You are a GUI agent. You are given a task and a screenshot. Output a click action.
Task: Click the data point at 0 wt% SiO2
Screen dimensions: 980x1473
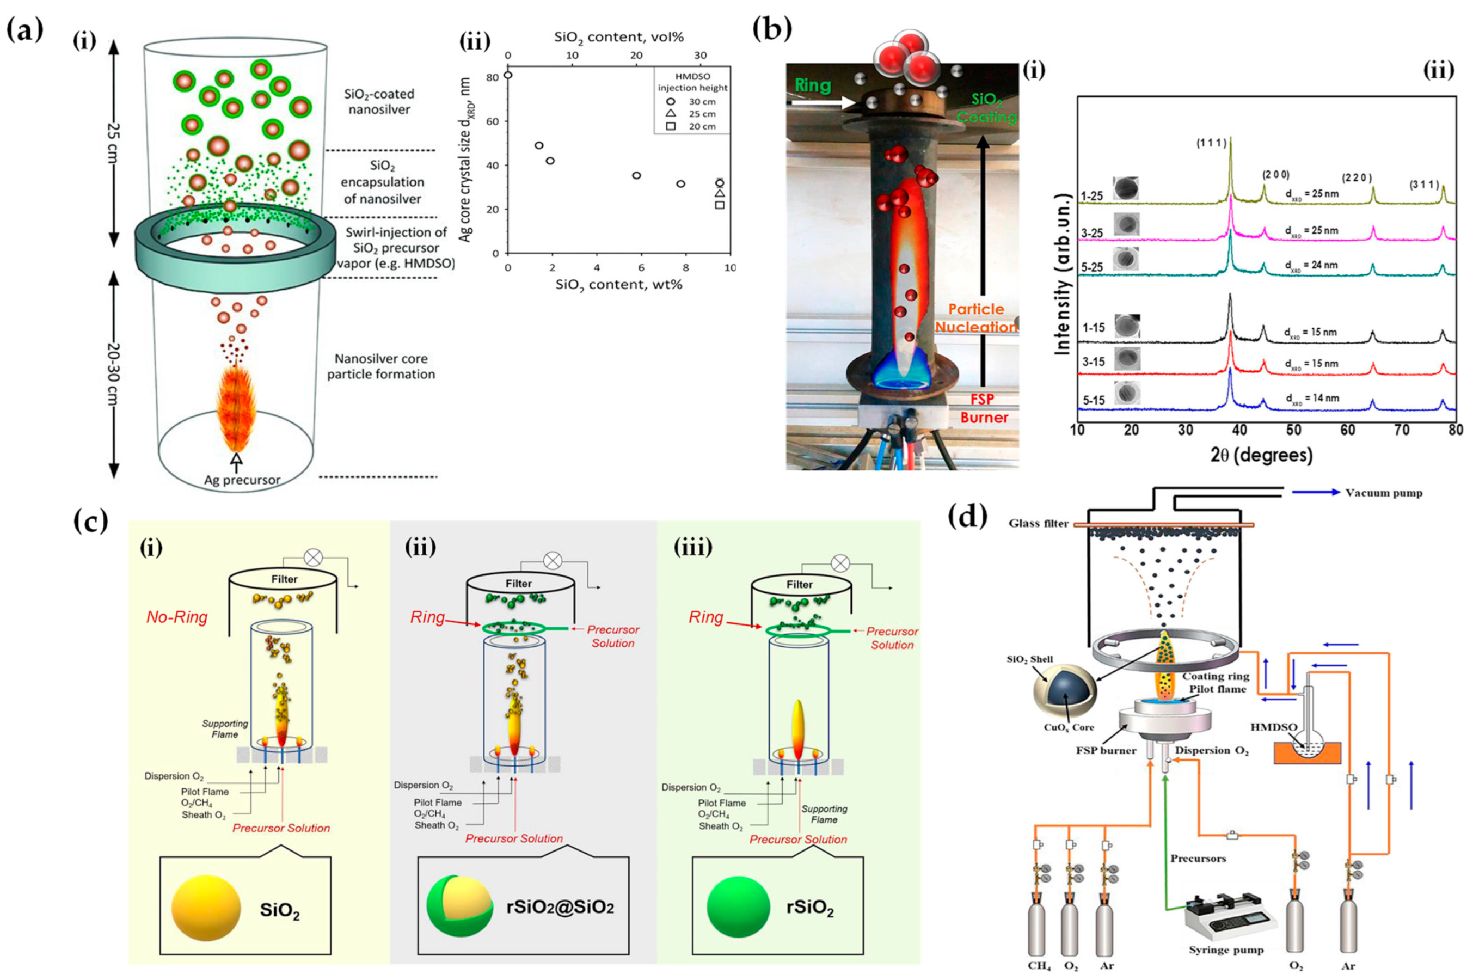507,75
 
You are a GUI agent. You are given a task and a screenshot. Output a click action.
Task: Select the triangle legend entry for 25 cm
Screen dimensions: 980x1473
671,114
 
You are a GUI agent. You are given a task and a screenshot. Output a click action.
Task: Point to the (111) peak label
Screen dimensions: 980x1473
1211,143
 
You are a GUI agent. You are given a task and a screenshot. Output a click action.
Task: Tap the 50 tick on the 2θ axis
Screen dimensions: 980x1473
1294,431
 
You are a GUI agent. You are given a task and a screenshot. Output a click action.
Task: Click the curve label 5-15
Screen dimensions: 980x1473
1093,401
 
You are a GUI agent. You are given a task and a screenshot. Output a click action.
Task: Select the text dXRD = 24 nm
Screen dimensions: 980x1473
1311,265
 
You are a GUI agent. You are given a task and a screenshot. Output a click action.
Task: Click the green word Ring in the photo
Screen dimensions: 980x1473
812,85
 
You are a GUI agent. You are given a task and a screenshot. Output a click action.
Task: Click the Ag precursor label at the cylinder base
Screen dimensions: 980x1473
242,480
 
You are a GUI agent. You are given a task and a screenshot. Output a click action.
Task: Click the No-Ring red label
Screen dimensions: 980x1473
177,617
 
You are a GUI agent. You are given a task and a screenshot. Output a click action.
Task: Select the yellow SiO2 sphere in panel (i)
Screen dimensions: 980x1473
206,907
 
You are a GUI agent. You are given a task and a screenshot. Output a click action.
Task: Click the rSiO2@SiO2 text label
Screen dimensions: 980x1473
560,907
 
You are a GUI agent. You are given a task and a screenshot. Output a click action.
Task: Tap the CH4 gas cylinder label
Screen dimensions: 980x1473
1039,966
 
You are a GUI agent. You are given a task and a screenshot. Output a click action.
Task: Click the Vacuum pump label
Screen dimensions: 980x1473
1384,493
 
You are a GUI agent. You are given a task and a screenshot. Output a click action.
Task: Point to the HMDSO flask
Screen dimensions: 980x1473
1308,747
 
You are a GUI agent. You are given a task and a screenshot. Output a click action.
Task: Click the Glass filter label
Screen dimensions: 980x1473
1038,524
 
